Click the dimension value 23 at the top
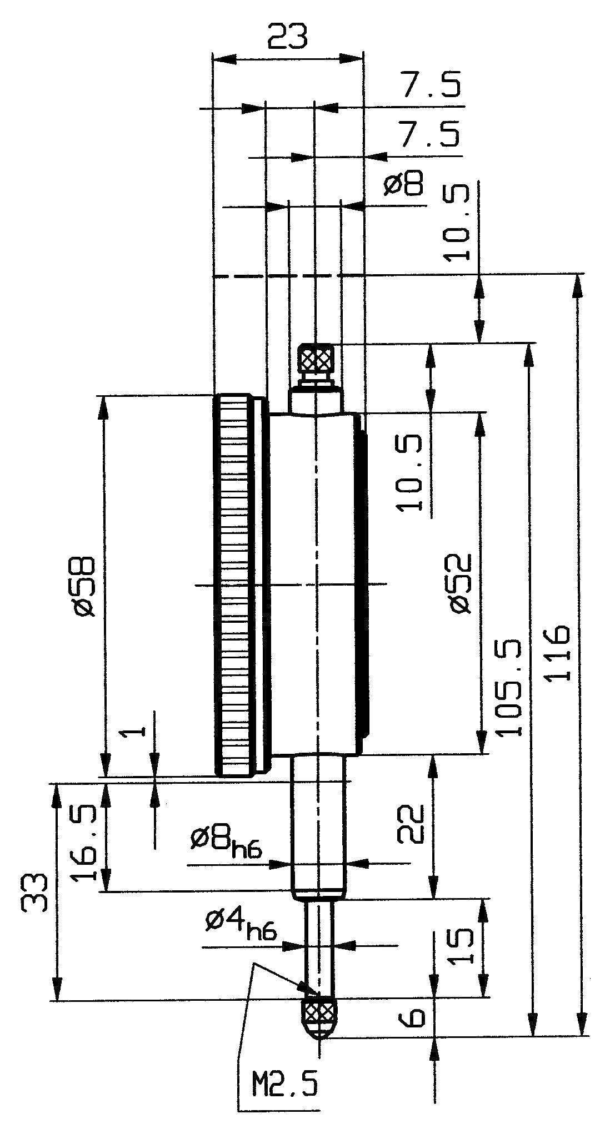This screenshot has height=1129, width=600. tap(287, 37)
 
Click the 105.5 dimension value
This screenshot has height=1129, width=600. tap(509, 688)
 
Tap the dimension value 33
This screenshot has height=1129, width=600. tap(34, 893)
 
